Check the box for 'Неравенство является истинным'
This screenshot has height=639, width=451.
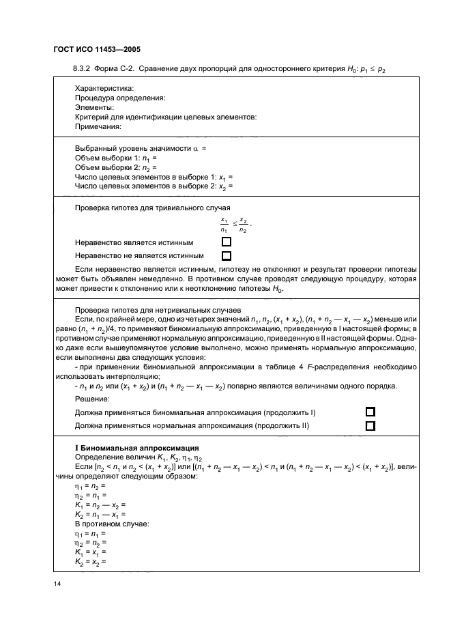point(227,242)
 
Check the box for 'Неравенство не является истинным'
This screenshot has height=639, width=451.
point(227,256)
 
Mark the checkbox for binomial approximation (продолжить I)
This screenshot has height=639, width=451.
point(370,412)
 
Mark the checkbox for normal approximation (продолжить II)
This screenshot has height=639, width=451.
point(370,426)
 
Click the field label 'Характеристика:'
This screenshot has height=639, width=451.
point(104,89)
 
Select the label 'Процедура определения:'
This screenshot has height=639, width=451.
point(120,98)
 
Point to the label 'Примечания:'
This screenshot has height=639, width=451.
point(98,126)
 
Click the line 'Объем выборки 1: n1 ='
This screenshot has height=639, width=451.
point(116,158)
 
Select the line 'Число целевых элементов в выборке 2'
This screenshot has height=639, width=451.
point(154,186)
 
